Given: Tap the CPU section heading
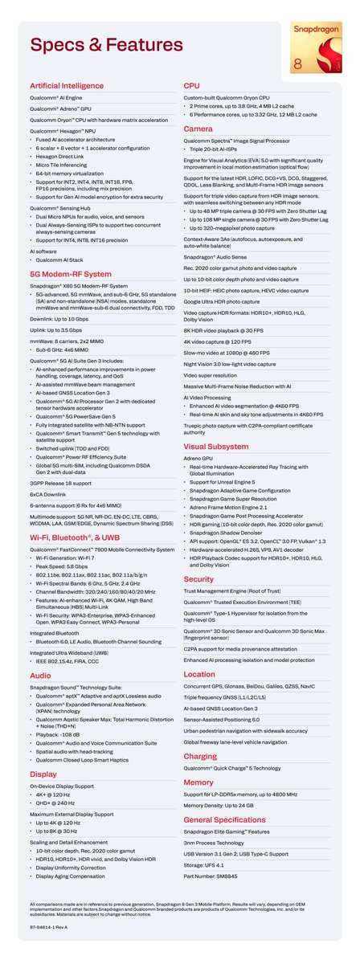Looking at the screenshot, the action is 192,84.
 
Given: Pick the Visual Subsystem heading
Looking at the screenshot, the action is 215,445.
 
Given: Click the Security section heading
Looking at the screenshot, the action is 198,578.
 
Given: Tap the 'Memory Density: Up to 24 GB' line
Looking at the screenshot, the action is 226,806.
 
